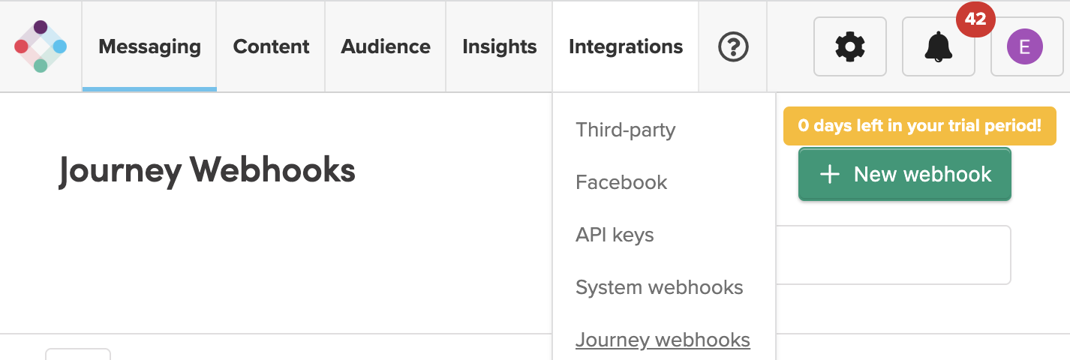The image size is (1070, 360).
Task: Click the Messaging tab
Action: pos(149,46)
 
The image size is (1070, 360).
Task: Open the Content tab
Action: pos(271,46)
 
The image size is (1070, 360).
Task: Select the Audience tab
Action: pos(386,46)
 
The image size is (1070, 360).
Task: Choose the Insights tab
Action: pos(499,46)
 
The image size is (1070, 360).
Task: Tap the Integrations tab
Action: pos(626,46)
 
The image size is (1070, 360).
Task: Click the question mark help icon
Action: pos(733,47)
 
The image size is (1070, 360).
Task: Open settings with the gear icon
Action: pos(849,47)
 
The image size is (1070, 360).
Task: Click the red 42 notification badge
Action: pos(975,20)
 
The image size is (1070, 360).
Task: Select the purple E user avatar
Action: pos(1025,48)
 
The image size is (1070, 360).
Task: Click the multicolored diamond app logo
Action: pos(41,46)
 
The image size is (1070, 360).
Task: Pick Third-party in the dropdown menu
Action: pos(625,130)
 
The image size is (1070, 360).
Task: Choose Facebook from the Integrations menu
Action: pos(621,182)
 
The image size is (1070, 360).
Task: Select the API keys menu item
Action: pos(615,235)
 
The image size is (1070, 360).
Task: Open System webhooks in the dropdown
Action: pos(659,287)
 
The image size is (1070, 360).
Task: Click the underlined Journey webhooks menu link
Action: pos(663,340)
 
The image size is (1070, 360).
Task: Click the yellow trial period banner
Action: pos(919,125)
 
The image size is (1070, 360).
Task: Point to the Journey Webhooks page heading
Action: pos(207,171)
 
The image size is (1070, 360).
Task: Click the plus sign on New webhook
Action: pos(829,175)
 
